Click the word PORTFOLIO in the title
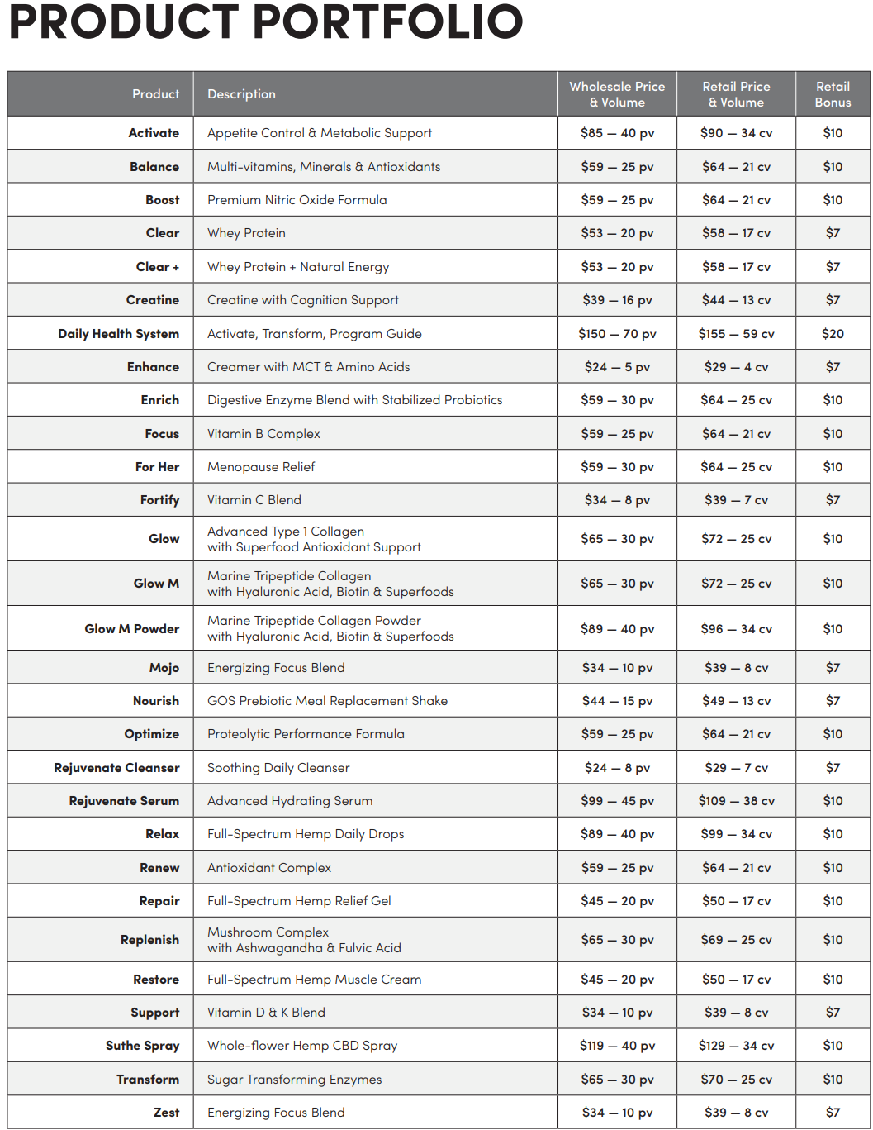(383, 22)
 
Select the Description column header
(241, 94)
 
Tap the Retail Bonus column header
(833, 94)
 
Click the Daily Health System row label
(118, 334)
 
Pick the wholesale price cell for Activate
(617, 133)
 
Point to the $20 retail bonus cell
(833, 334)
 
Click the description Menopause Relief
(261, 467)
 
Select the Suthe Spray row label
(142, 1046)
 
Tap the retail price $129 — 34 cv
(736, 1046)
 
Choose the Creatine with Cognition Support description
(302, 300)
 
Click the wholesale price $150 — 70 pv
(617, 334)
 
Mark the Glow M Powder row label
(131, 629)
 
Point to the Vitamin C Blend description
(254, 500)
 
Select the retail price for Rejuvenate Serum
(736, 801)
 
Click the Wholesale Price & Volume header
(617, 94)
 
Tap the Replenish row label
(149, 940)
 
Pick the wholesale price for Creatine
(617, 300)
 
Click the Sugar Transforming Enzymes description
(294, 1080)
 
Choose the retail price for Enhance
(736, 367)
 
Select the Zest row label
(166, 1113)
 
